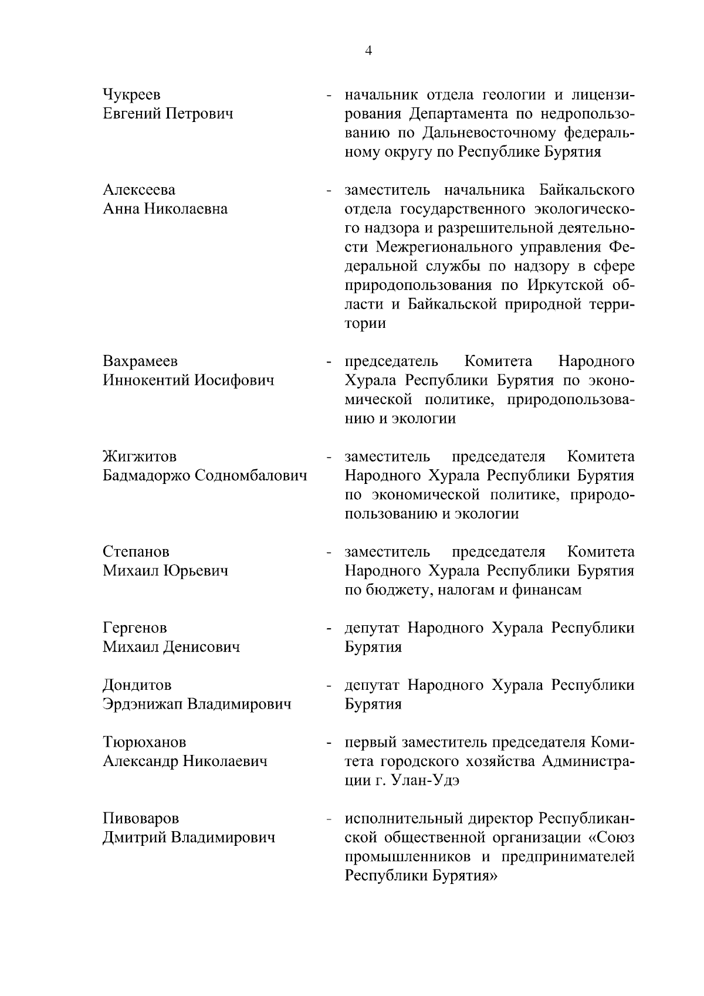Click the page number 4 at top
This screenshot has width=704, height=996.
click(368, 51)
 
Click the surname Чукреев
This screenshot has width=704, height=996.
click(131, 95)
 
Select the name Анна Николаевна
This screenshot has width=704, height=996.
click(165, 209)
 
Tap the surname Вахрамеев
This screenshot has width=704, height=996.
click(140, 361)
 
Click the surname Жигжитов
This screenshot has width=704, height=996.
click(139, 456)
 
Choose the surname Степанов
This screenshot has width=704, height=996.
click(136, 552)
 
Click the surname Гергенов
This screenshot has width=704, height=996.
click(135, 628)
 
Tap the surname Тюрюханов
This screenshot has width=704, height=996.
click(144, 743)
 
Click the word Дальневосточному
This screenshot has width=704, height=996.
click(498, 133)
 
